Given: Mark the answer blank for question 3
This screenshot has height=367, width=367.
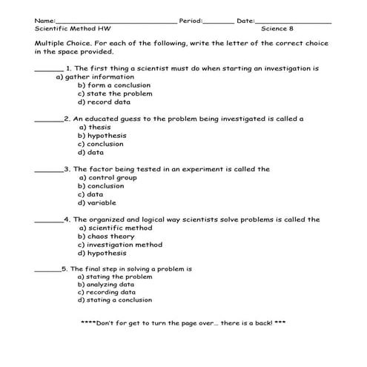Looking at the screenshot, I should click(49, 170).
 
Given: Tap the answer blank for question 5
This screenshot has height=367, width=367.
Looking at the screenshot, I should click(47, 270).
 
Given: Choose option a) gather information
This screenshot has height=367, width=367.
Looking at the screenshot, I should click(94, 76).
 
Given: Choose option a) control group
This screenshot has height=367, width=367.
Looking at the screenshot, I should click(108, 178).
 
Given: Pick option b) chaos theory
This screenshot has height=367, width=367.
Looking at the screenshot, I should click(106, 237).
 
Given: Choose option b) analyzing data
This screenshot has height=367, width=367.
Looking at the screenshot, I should click(106, 285).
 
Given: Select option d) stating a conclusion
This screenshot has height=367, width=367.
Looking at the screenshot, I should click(114, 301).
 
